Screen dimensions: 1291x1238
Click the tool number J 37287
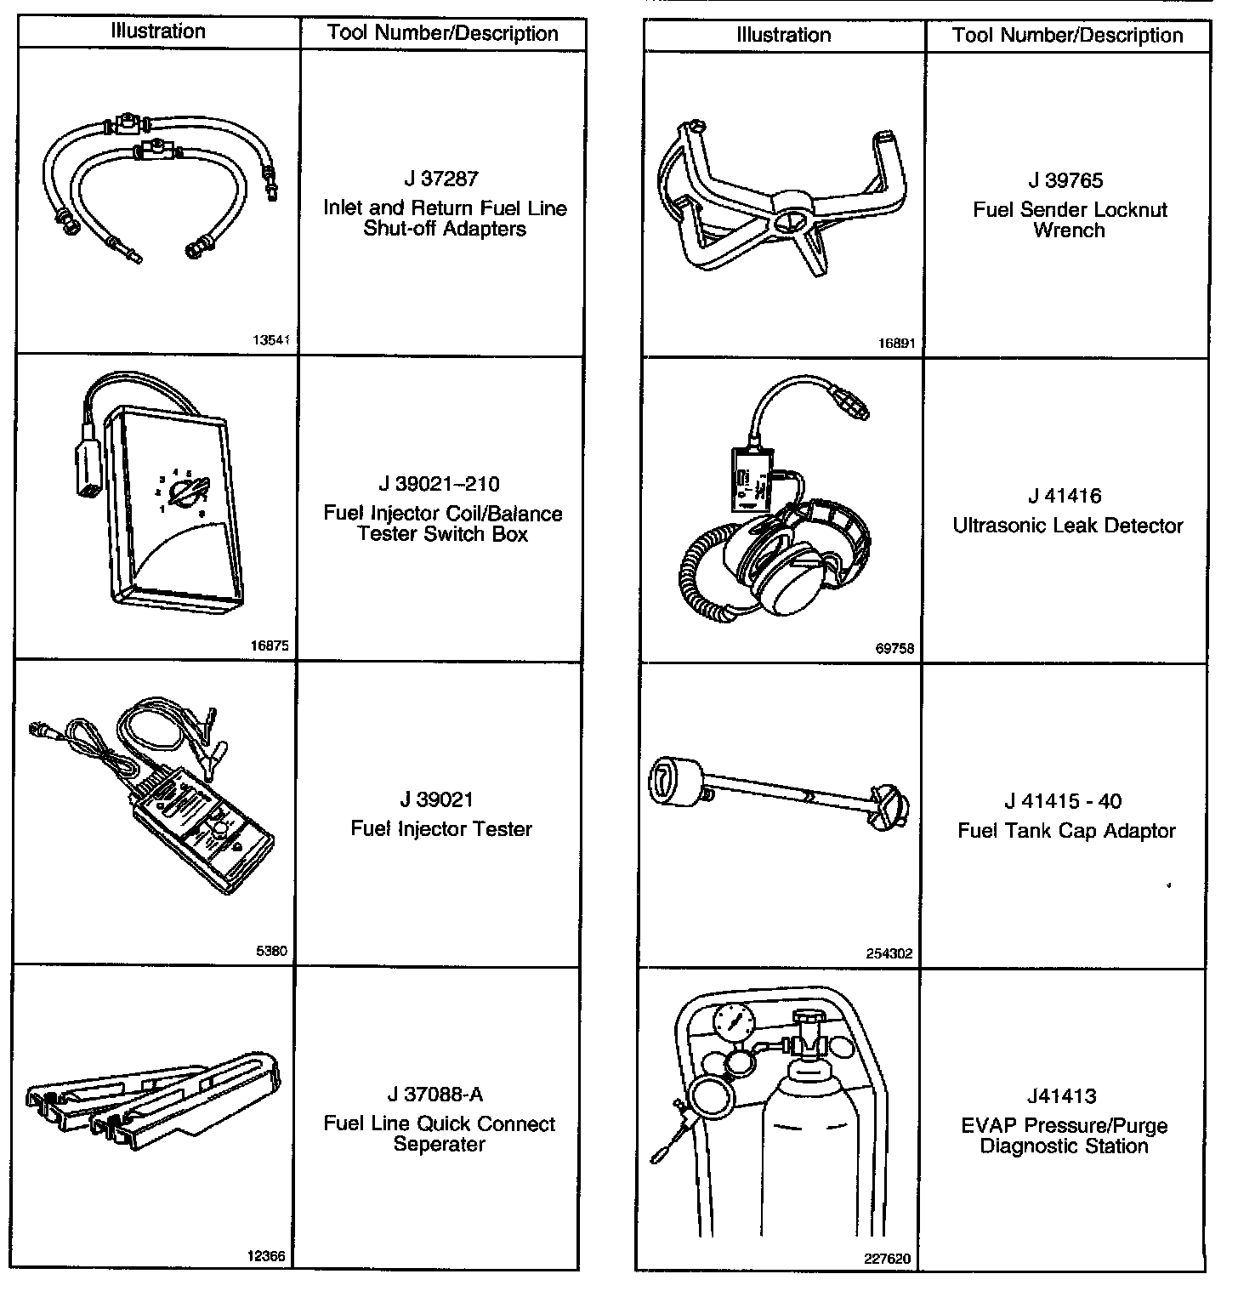441,179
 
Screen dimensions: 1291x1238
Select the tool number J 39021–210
440,485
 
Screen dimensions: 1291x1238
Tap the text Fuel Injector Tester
441,829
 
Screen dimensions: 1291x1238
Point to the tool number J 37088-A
440,1095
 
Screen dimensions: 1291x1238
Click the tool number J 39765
1065,181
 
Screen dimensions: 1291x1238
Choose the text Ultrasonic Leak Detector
1067,526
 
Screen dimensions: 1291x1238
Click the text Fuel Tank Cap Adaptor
1066,831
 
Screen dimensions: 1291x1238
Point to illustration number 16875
270,645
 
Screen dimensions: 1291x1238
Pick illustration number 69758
894,649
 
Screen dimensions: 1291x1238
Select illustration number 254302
889,954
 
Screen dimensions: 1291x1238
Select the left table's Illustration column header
158,31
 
